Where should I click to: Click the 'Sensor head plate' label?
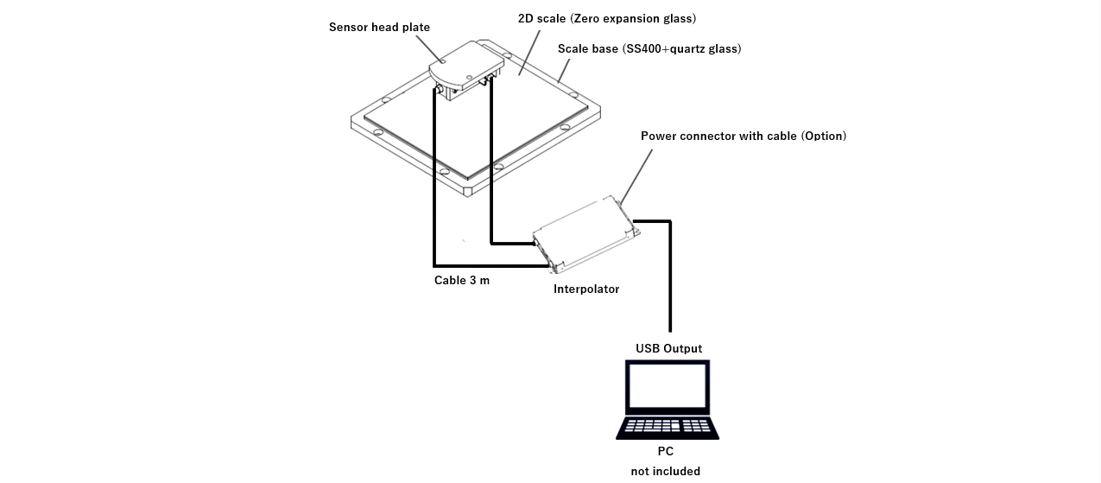[379, 28]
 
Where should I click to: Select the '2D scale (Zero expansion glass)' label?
[606, 18]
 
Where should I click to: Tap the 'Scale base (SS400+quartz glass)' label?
[649, 48]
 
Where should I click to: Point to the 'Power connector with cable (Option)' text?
[743, 136]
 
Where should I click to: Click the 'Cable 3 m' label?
[461, 280]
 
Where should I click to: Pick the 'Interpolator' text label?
[585, 289]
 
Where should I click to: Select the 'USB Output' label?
[668, 348]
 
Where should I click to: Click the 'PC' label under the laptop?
[665, 451]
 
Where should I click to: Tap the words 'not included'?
[665, 471]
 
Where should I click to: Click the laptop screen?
[668, 386]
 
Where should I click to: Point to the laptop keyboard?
[667, 426]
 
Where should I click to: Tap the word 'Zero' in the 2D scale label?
[586, 18]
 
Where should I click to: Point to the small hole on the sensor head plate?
[442, 61]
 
